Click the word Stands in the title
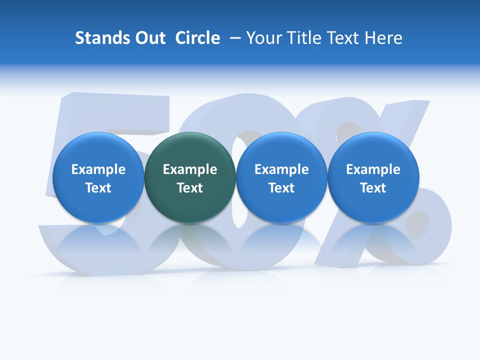[x=99, y=38]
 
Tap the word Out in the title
[x=149, y=38]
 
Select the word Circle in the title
[x=197, y=38]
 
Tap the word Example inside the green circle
[x=190, y=170]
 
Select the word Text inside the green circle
[x=190, y=188]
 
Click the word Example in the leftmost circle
[x=98, y=170]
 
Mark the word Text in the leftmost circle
[x=98, y=188]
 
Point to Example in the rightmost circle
[x=373, y=170]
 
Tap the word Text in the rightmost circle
[x=373, y=188]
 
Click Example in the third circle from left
[x=281, y=170]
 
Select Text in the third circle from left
[x=281, y=188]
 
